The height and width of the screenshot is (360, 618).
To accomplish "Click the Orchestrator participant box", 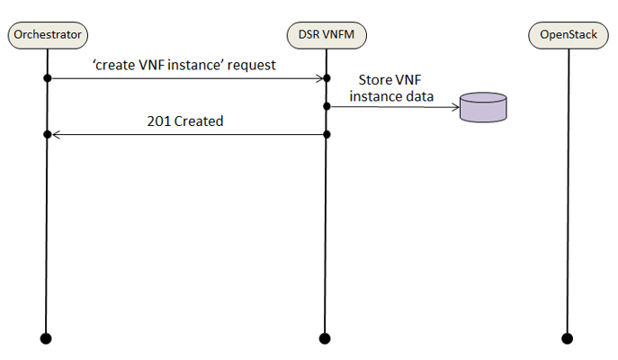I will [x=47, y=35].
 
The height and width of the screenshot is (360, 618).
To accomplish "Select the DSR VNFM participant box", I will [x=327, y=35].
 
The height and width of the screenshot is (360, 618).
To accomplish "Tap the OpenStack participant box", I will [x=568, y=35].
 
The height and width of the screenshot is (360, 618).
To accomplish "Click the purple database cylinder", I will [x=483, y=107].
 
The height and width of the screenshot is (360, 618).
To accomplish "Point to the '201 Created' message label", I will [x=185, y=121].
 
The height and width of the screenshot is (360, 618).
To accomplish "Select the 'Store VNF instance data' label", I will [x=391, y=88].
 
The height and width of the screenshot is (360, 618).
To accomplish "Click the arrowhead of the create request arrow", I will [x=319, y=79].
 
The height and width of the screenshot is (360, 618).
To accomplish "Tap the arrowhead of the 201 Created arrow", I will [x=56, y=135].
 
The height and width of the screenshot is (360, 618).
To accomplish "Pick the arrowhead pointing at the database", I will [x=454, y=107].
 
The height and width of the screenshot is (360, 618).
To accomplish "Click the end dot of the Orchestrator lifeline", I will [x=47, y=338].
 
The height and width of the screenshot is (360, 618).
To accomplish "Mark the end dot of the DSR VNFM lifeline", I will [x=327, y=338].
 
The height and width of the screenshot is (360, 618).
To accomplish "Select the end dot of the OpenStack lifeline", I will [x=568, y=338].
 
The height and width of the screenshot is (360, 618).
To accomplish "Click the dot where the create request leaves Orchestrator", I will [x=47, y=79].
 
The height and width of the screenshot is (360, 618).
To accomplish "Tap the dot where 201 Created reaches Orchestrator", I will [x=47, y=135].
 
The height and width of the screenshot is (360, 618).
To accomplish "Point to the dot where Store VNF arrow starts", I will [x=327, y=107].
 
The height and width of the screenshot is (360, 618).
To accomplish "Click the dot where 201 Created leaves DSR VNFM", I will [x=327, y=135].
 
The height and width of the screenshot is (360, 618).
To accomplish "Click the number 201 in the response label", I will [x=158, y=121].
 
